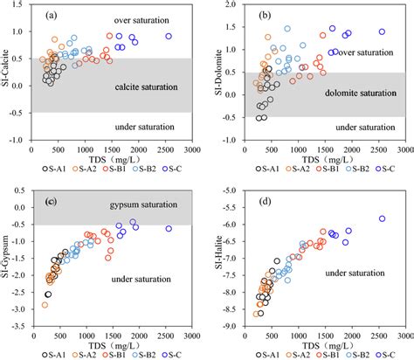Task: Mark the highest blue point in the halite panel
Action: coord(382,218)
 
